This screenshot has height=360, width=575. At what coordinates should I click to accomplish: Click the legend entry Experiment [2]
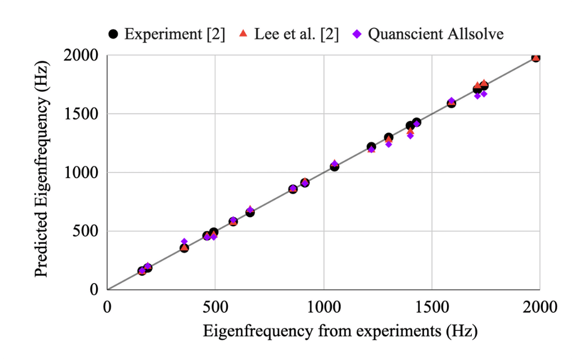coord(174,34)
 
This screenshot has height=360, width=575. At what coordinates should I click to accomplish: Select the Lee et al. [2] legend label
coord(296,34)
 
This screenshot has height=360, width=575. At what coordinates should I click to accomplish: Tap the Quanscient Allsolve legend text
coord(435,34)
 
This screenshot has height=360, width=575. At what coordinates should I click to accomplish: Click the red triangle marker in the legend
coord(243,34)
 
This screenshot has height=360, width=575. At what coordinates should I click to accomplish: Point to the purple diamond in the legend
coord(356,34)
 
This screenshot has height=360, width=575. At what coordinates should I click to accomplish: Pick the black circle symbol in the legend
coord(113,34)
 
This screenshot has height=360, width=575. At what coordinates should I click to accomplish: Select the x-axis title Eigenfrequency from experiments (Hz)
coord(340,331)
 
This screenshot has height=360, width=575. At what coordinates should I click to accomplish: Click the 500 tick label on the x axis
coord(215,307)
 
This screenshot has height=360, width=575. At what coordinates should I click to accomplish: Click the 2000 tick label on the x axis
coord(540,307)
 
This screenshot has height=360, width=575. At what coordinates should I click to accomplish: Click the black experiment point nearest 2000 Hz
coord(536,57)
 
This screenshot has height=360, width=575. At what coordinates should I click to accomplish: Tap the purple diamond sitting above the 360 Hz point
coord(184,242)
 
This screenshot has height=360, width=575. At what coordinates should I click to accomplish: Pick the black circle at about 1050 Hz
coord(334,167)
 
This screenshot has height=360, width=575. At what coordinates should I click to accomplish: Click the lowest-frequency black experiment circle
coord(142,271)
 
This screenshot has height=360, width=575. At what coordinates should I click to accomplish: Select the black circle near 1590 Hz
coord(451,103)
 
